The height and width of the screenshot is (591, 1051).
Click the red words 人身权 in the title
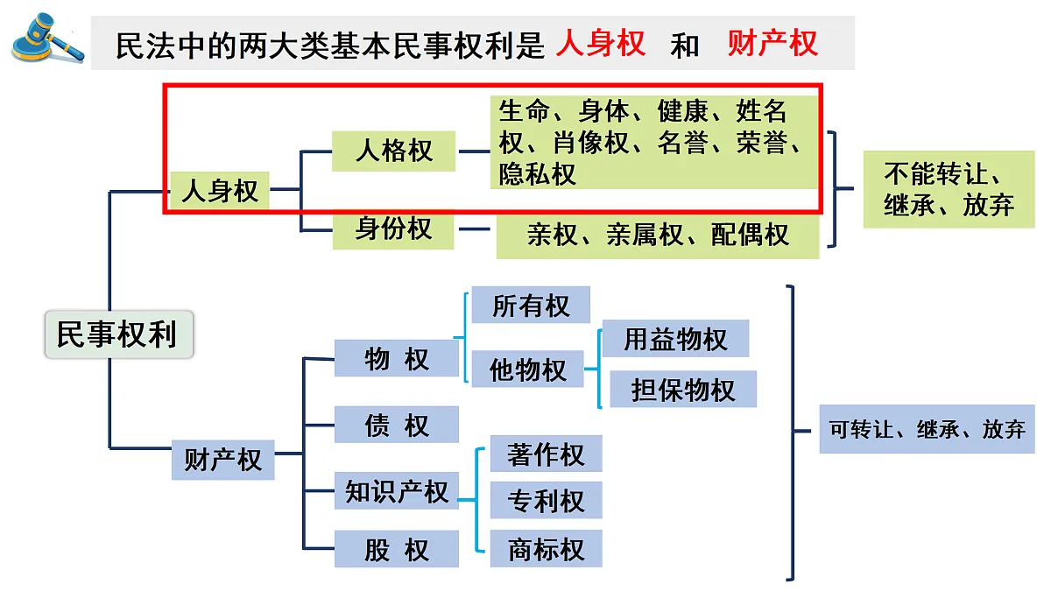(600, 43)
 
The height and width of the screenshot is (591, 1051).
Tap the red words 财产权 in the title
(772, 43)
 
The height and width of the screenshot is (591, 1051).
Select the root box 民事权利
(117, 334)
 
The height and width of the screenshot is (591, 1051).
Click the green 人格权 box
(394, 151)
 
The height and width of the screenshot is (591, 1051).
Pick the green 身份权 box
(394, 229)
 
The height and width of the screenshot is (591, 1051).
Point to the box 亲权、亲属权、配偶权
(658, 236)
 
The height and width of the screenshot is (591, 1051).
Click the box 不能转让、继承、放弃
(949, 190)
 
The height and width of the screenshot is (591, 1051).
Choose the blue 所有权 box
(531, 306)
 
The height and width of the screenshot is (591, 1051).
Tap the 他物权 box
(527, 369)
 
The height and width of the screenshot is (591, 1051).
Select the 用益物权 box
(675, 339)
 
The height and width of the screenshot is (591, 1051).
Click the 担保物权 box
(682, 390)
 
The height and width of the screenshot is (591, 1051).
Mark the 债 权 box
(397, 425)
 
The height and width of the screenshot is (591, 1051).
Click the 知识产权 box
(397, 491)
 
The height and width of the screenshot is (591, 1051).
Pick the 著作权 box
(546, 454)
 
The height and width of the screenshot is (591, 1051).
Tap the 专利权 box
(546, 501)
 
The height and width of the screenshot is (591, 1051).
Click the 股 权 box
(397, 549)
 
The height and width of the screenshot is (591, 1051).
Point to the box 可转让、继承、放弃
(927, 429)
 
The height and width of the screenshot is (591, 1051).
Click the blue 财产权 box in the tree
(222, 460)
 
